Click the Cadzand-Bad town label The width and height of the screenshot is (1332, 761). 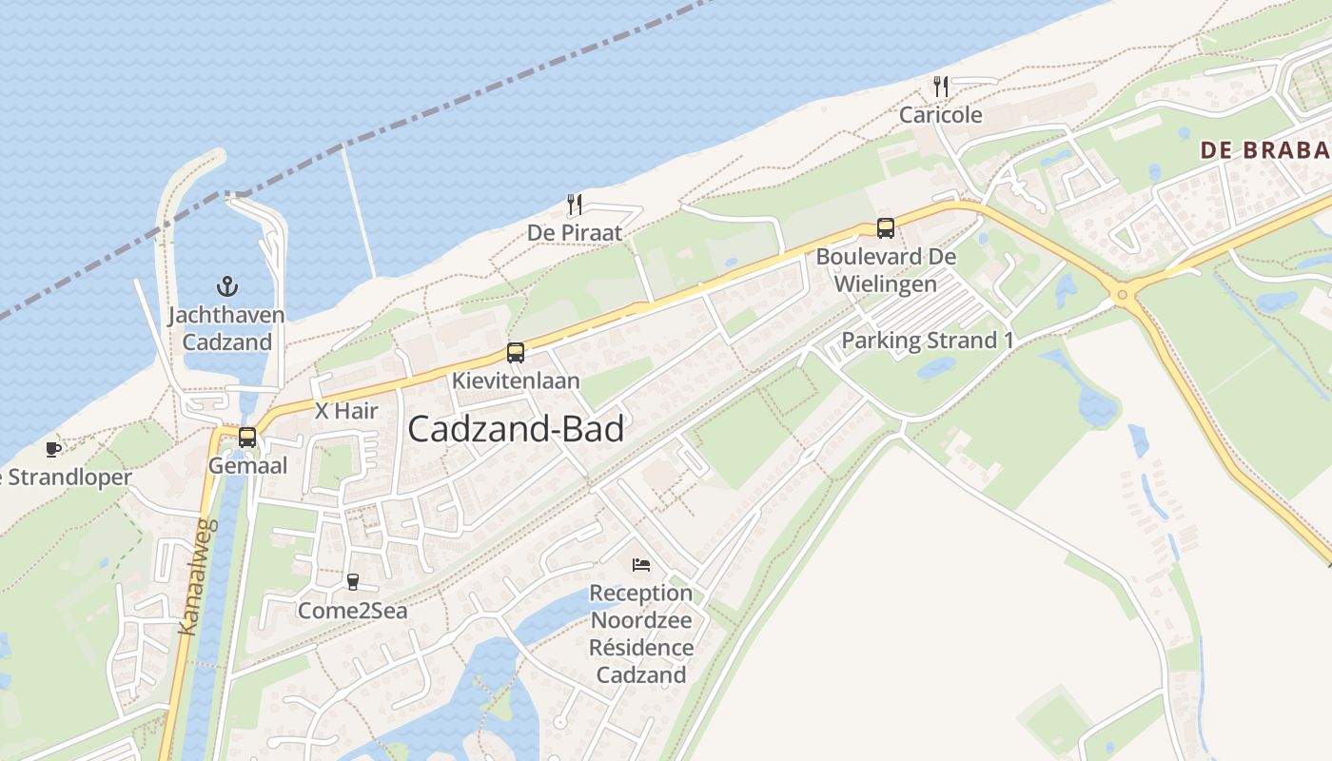pyautogui.click(x=516, y=429)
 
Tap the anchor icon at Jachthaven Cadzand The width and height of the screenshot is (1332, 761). pyautogui.click(x=226, y=285)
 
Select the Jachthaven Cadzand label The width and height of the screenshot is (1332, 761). pyautogui.click(x=226, y=328)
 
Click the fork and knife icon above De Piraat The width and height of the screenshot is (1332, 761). pyautogui.click(x=575, y=205)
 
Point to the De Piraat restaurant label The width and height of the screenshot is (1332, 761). pyautogui.click(x=575, y=233)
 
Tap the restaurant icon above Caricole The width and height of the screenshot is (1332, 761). pyautogui.click(x=941, y=88)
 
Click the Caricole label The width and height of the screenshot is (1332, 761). pyautogui.click(x=941, y=115)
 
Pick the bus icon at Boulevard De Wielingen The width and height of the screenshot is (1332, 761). pyautogui.click(x=886, y=228)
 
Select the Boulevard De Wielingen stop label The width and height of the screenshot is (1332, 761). pyautogui.click(x=886, y=270)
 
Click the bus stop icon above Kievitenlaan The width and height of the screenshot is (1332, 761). pyautogui.click(x=516, y=353)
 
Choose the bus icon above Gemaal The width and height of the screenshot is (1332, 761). pyautogui.click(x=247, y=438)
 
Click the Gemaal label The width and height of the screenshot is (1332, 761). pyautogui.click(x=247, y=466)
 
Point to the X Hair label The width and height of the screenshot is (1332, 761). pyautogui.click(x=346, y=411)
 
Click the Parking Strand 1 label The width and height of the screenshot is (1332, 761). pyautogui.click(x=928, y=341)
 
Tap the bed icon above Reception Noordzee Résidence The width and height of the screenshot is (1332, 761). pyautogui.click(x=641, y=565)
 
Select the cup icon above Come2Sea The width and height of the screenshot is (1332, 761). pyautogui.click(x=353, y=582)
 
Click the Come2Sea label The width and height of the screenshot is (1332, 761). pyautogui.click(x=353, y=611)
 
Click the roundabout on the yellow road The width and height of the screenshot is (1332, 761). pyautogui.click(x=1123, y=295)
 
